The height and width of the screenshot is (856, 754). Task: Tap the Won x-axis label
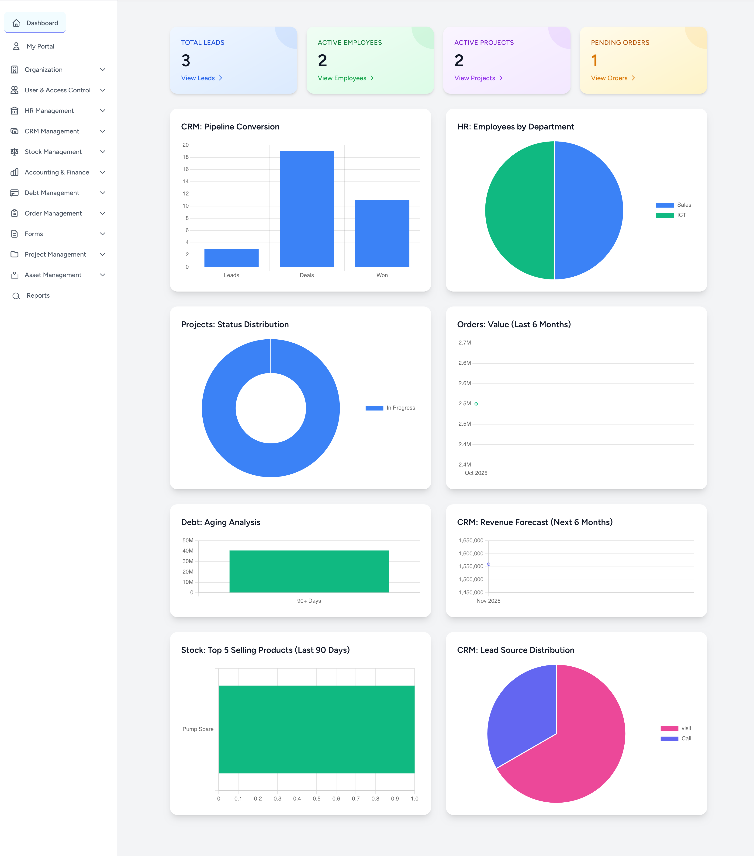[x=382, y=275]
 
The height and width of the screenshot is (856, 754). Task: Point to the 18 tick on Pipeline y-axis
[x=185, y=157]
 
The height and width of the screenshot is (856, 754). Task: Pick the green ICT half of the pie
[x=519, y=210]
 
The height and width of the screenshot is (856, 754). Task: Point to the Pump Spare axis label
[x=198, y=729]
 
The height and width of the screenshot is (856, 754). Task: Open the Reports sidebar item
[x=38, y=296]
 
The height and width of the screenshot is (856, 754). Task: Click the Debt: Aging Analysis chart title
[x=221, y=522]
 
